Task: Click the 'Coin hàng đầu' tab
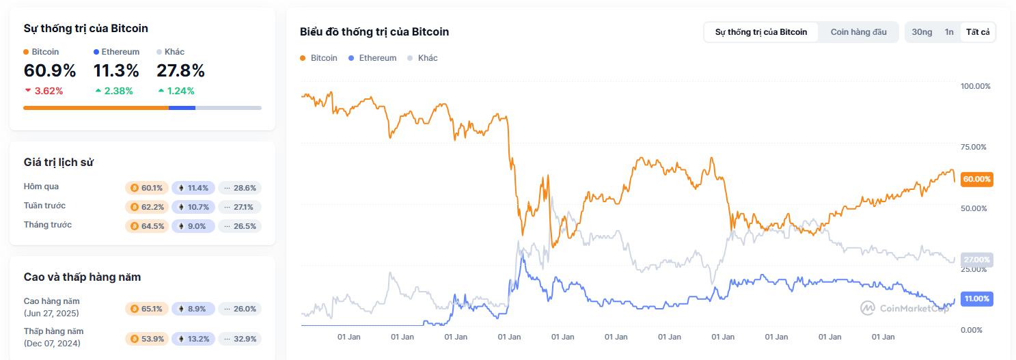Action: (x=858, y=32)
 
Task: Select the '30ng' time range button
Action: (x=922, y=32)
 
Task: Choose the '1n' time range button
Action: (x=949, y=32)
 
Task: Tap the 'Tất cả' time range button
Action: (x=978, y=32)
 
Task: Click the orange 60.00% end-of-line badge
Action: (x=976, y=179)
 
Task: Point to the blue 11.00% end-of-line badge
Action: (x=976, y=299)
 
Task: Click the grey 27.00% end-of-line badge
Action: (x=976, y=260)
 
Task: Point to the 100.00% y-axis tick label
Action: (x=975, y=86)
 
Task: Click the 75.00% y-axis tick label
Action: (x=975, y=147)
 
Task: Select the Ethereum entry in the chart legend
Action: (x=372, y=58)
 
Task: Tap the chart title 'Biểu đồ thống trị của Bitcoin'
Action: (x=374, y=32)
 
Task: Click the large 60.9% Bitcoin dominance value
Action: (x=50, y=70)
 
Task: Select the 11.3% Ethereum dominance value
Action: (x=116, y=70)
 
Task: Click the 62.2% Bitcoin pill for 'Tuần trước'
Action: (x=147, y=207)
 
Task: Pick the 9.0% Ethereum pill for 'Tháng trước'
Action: (x=193, y=226)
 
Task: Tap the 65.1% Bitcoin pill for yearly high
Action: (x=147, y=309)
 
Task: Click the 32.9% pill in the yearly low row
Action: (x=240, y=339)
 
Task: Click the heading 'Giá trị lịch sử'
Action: (x=59, y=162)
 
